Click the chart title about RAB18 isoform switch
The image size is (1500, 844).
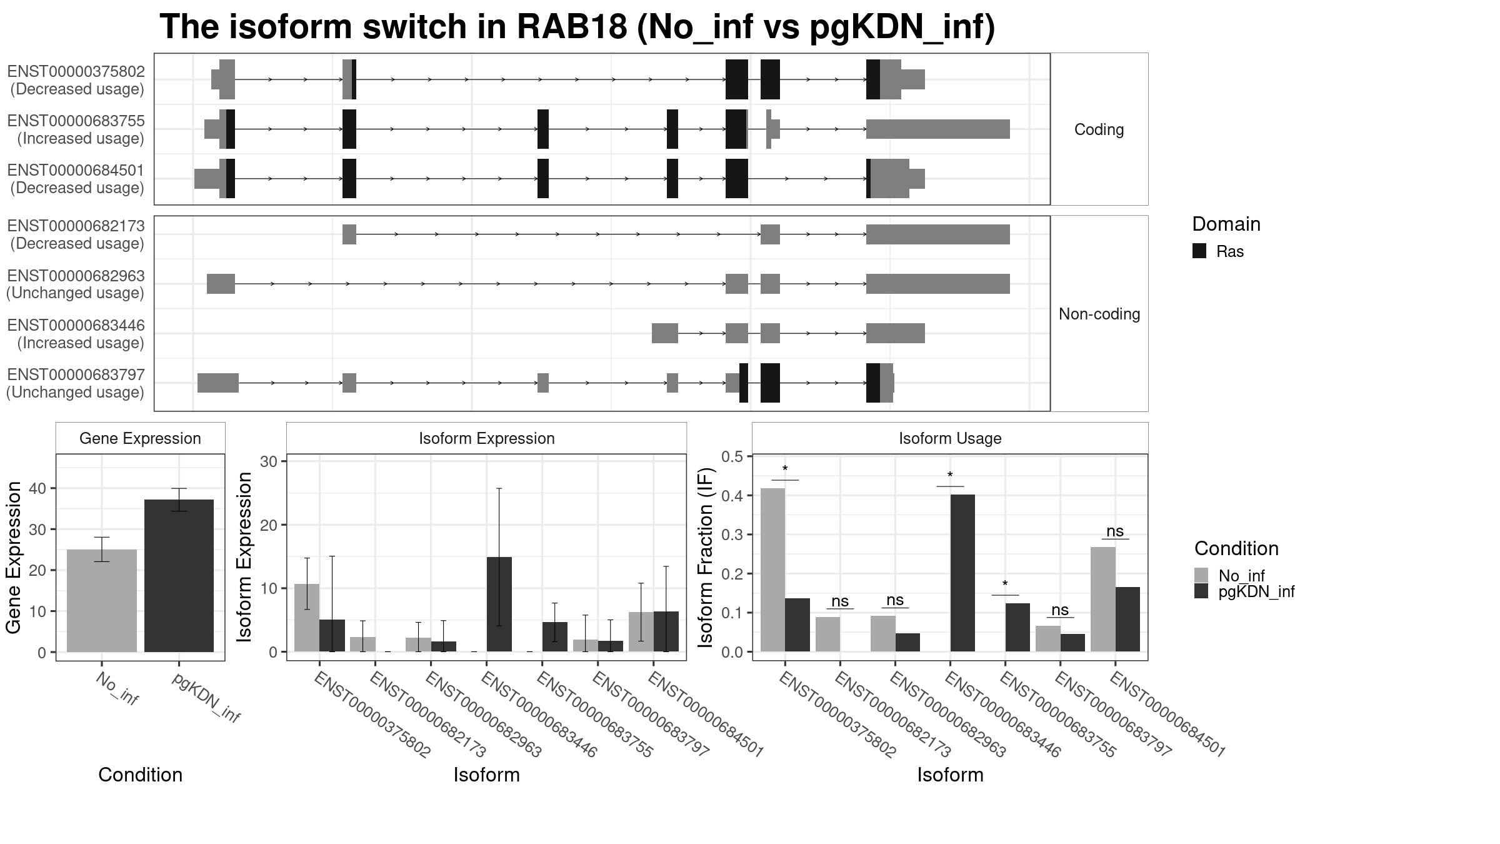click(x=577, y=28)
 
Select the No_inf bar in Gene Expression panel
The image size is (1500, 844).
click(x=102, y=601)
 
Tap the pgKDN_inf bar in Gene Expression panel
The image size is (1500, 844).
click(x=179, y=576)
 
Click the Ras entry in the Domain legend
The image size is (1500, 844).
click(x=1218, y=251)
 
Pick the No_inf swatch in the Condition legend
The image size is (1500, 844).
click(x=1201, y=575)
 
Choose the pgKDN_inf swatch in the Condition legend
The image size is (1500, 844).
click(x=1201, y=591)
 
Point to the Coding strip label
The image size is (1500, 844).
click(x=1099, y=129)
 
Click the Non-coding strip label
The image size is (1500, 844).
click(x=1099, y=314)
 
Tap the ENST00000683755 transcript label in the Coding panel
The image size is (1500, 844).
click(x=76, y=121)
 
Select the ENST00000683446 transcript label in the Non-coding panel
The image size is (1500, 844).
click(x=76, y=325)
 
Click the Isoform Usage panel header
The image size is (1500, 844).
click(x=950, y=438)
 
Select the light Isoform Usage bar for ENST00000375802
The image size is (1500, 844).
click(x=773, y=570)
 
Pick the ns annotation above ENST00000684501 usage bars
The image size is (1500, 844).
click(x=1115, y=531)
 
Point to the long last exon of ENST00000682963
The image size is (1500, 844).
click(x=937, y=284)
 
